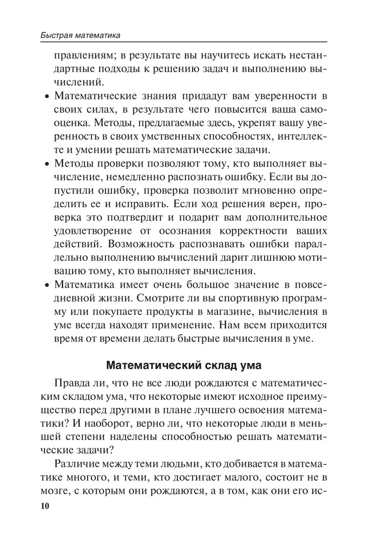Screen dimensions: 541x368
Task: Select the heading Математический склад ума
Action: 184,365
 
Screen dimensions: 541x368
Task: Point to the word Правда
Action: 71,384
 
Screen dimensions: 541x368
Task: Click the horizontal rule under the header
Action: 184,43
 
